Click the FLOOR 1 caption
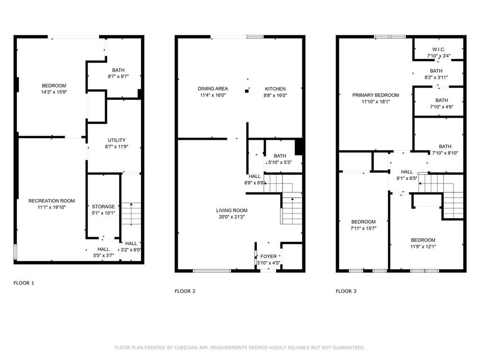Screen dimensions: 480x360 tap(23, 283)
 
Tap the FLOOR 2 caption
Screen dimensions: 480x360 tap(185, 291)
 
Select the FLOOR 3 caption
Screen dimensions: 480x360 tap(346, 291)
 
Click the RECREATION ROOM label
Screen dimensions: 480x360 tap(52, 201)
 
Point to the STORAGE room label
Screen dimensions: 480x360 tap(104, 207)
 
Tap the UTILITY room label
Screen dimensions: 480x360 tap(117, 140)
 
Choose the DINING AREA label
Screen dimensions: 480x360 tap(213, 89)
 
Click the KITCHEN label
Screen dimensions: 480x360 tap(275, 89)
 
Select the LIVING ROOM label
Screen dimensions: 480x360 tap(232, 210)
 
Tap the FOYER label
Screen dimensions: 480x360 tap(269, 256)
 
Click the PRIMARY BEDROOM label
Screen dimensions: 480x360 tap(375, 95)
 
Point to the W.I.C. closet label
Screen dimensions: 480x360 tap(439, 49)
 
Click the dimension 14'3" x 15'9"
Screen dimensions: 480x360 tap(54, 92)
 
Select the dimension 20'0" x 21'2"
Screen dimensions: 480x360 tap(232, 217)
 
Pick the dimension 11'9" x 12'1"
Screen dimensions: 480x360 tap(423, 247)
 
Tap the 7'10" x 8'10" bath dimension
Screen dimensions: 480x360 tap(445, 153)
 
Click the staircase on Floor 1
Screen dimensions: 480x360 tap(131, 213)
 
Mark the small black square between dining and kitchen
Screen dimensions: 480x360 tap(247, 91)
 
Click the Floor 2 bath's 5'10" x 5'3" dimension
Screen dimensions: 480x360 tap(280, 162)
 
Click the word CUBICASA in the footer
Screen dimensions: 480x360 tap(187, 347)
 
